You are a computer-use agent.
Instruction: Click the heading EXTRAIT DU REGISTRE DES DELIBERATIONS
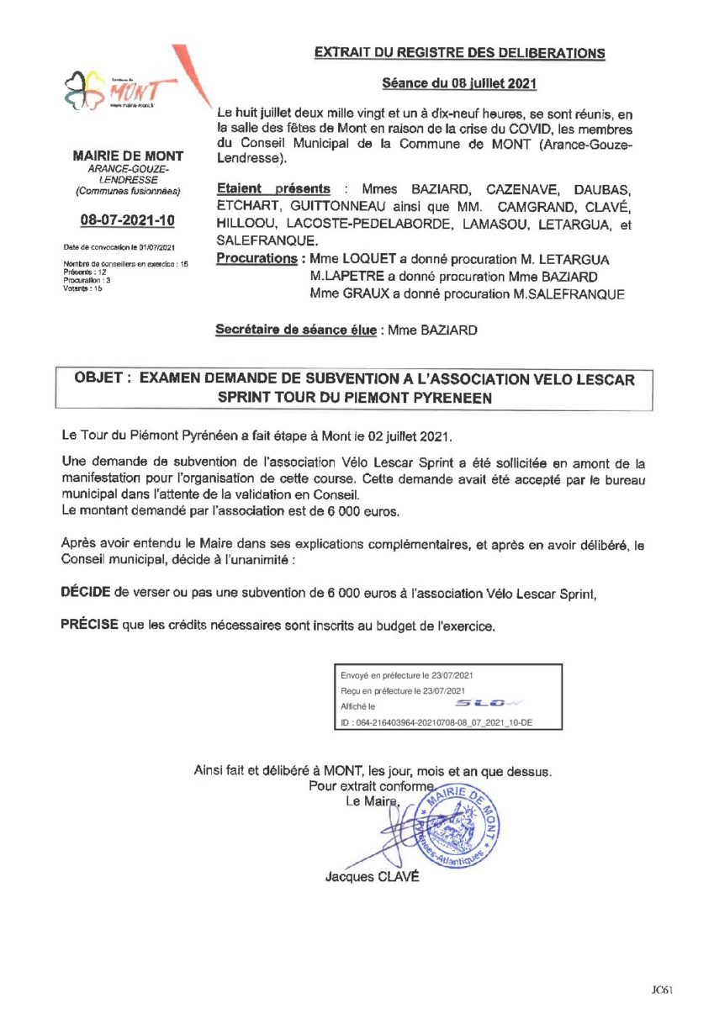tap(459, 53)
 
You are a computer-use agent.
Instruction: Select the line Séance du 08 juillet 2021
tap(459, 83)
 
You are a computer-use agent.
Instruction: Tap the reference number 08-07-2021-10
tap(128, 220)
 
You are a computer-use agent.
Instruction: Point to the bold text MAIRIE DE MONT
tap(128, 156)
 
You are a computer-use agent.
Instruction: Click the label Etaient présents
tap(273, 188)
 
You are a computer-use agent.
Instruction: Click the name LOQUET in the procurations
tap(364, 258)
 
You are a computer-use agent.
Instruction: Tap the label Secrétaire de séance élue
tap(297, 330)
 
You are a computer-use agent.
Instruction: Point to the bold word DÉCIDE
tap(86, 592)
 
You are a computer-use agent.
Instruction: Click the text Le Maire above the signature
tap(371, 801)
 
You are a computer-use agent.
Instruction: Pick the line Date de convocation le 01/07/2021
tap(119, 247)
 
